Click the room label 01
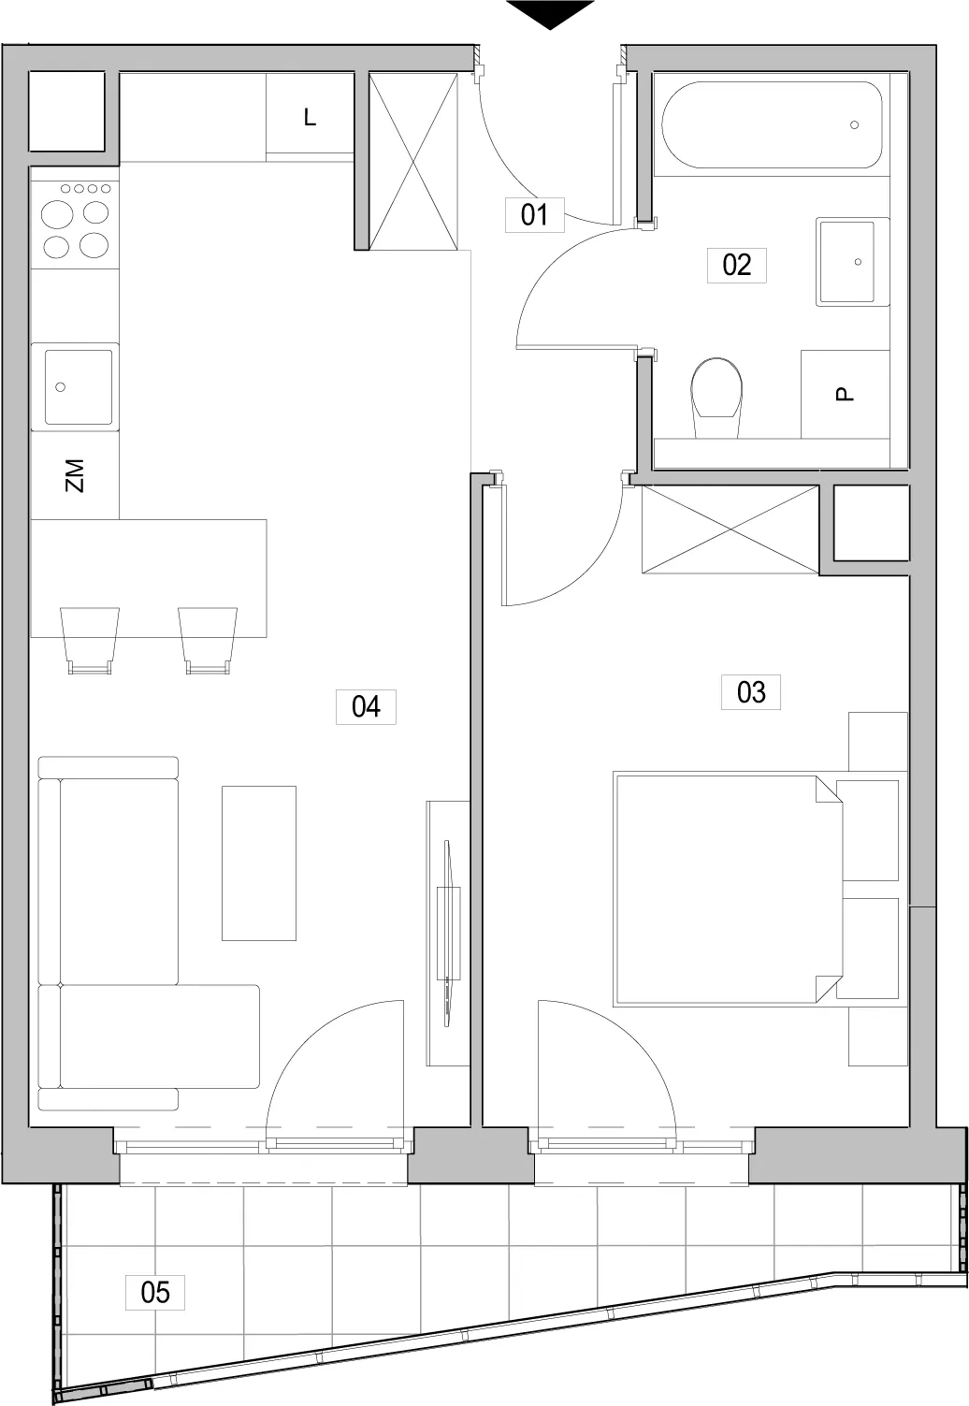[x=534, y=214]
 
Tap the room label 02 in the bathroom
[x=736, y=265]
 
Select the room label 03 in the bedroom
[x=750, y=692]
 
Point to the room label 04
[x=366, y=707]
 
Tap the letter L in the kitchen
[x=310, y=117]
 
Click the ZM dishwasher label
[x=75, y=475]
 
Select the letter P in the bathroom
[x=846, y=394]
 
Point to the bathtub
[x=772, y=125]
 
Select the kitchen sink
[x=79, y=387]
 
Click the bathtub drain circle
[x=854, y=125]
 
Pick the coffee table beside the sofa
[x=258, y=863]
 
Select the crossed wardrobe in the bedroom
[x=730, y=529]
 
